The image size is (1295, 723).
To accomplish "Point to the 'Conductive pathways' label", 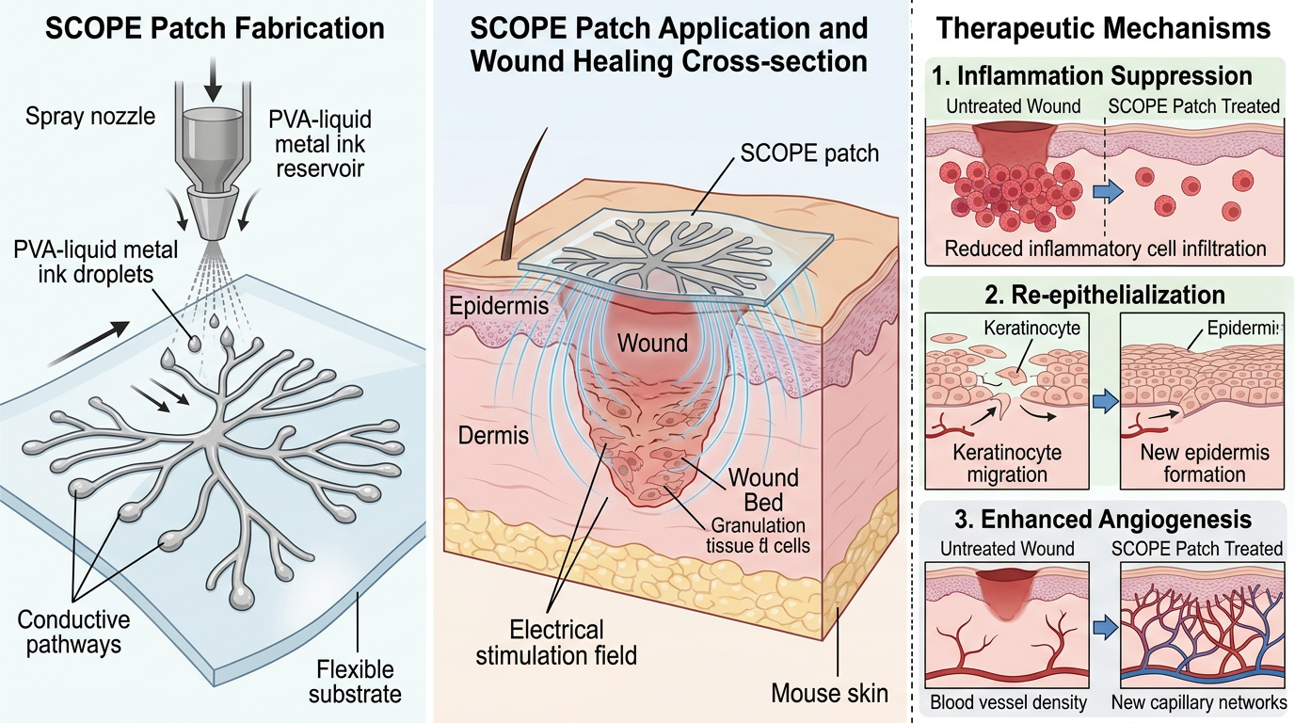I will pos(73,633).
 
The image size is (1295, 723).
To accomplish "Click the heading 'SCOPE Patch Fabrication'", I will pos(213,27).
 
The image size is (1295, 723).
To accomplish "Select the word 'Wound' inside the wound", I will pos(651,342).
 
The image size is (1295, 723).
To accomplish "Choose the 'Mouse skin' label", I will pos(829,694).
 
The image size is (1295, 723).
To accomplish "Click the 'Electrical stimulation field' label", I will pos(556,642).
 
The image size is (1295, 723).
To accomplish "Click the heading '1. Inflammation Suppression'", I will pos(1091,75).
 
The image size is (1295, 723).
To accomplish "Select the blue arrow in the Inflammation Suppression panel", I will pos(1109,191).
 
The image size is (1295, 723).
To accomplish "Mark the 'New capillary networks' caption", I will pos(1196,702).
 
